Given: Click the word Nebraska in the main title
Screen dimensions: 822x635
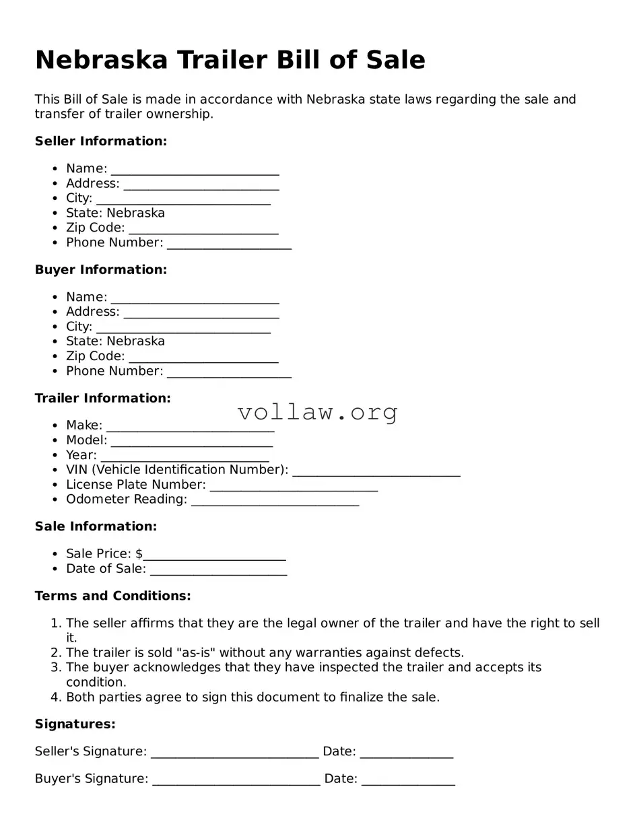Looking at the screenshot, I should tap(101, 60).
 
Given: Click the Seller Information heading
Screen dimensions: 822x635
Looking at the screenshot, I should tap(100, 141).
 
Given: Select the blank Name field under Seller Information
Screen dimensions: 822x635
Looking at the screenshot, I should tap(195, 170).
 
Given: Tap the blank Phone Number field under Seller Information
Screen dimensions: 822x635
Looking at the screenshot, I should tap(229, 244).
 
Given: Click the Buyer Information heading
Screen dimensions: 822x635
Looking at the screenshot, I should tap(100, 270).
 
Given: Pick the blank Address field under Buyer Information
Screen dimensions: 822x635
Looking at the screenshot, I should tap(201, 313).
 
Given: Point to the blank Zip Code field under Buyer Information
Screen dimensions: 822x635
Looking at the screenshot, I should tap(203, 357).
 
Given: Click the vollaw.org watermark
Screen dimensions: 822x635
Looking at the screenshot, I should tap(317, 411).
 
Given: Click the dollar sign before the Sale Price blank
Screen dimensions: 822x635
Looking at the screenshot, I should tap(139, 554).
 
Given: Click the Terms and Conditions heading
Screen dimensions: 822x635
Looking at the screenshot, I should tap(112, 596).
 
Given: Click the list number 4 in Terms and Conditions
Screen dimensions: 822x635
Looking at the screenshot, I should tap(56, 697).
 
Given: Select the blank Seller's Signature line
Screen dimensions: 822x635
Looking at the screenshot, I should tap(234, 753).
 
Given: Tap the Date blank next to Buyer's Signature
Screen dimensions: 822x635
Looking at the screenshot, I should tap(408, 780).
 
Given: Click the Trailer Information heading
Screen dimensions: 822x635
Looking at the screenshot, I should tap(102, 399).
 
